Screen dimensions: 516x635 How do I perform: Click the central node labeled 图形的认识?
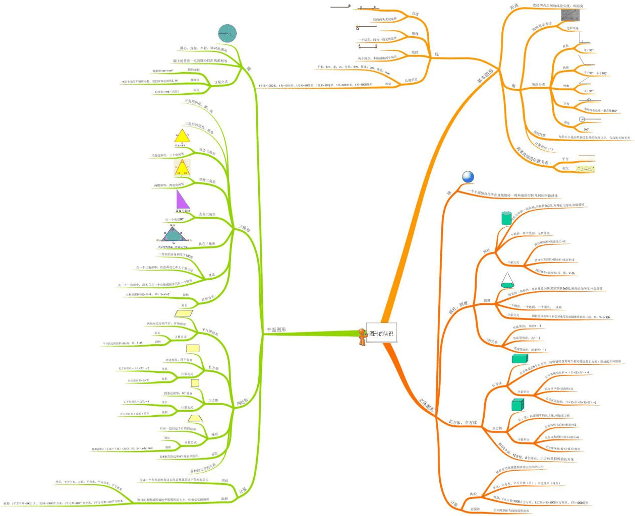click(381, 333)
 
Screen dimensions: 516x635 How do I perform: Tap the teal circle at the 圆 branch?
click(227, 33)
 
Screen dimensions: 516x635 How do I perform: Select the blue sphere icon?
click(468, 176)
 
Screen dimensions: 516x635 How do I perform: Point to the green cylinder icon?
click(506, 218)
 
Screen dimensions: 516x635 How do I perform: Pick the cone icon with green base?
click(507, 280)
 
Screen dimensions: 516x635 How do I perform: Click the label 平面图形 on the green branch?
click(276, 330)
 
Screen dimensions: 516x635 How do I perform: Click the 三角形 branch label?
click(244, 228)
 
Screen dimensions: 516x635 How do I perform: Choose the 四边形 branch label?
click(243, 402)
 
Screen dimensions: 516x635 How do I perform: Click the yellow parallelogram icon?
click(180, 313)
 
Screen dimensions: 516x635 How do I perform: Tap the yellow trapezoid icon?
click(194, 418)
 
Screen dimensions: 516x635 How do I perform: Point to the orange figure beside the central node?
click(362, 336)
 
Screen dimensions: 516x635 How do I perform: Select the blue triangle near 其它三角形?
click(174, 234)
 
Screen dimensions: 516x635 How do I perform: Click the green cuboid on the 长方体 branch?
click(519, 358)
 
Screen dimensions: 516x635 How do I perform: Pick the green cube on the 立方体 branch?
click(517, 405)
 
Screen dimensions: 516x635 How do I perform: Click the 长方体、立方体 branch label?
click(463, 422)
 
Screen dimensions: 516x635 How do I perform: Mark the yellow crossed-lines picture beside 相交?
click(586, 168)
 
